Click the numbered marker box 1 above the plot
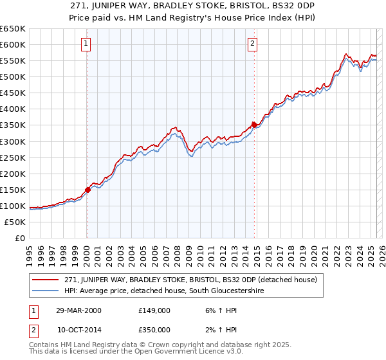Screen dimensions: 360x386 click(x=86, y=44)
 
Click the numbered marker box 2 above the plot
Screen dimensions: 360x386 click(x=253, y=44)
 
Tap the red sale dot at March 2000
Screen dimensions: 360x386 click(x=87, y=190)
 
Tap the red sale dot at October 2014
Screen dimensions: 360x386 click(x=254, y=125)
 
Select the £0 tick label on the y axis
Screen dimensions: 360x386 click(x=21, y=239)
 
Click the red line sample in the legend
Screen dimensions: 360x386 click(x=47, y=280)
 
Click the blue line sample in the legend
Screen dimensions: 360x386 click(x=47, y=291)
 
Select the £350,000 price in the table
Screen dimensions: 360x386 click(x=154, y=329)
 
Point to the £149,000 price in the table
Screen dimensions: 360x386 click(x=154, y=310)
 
